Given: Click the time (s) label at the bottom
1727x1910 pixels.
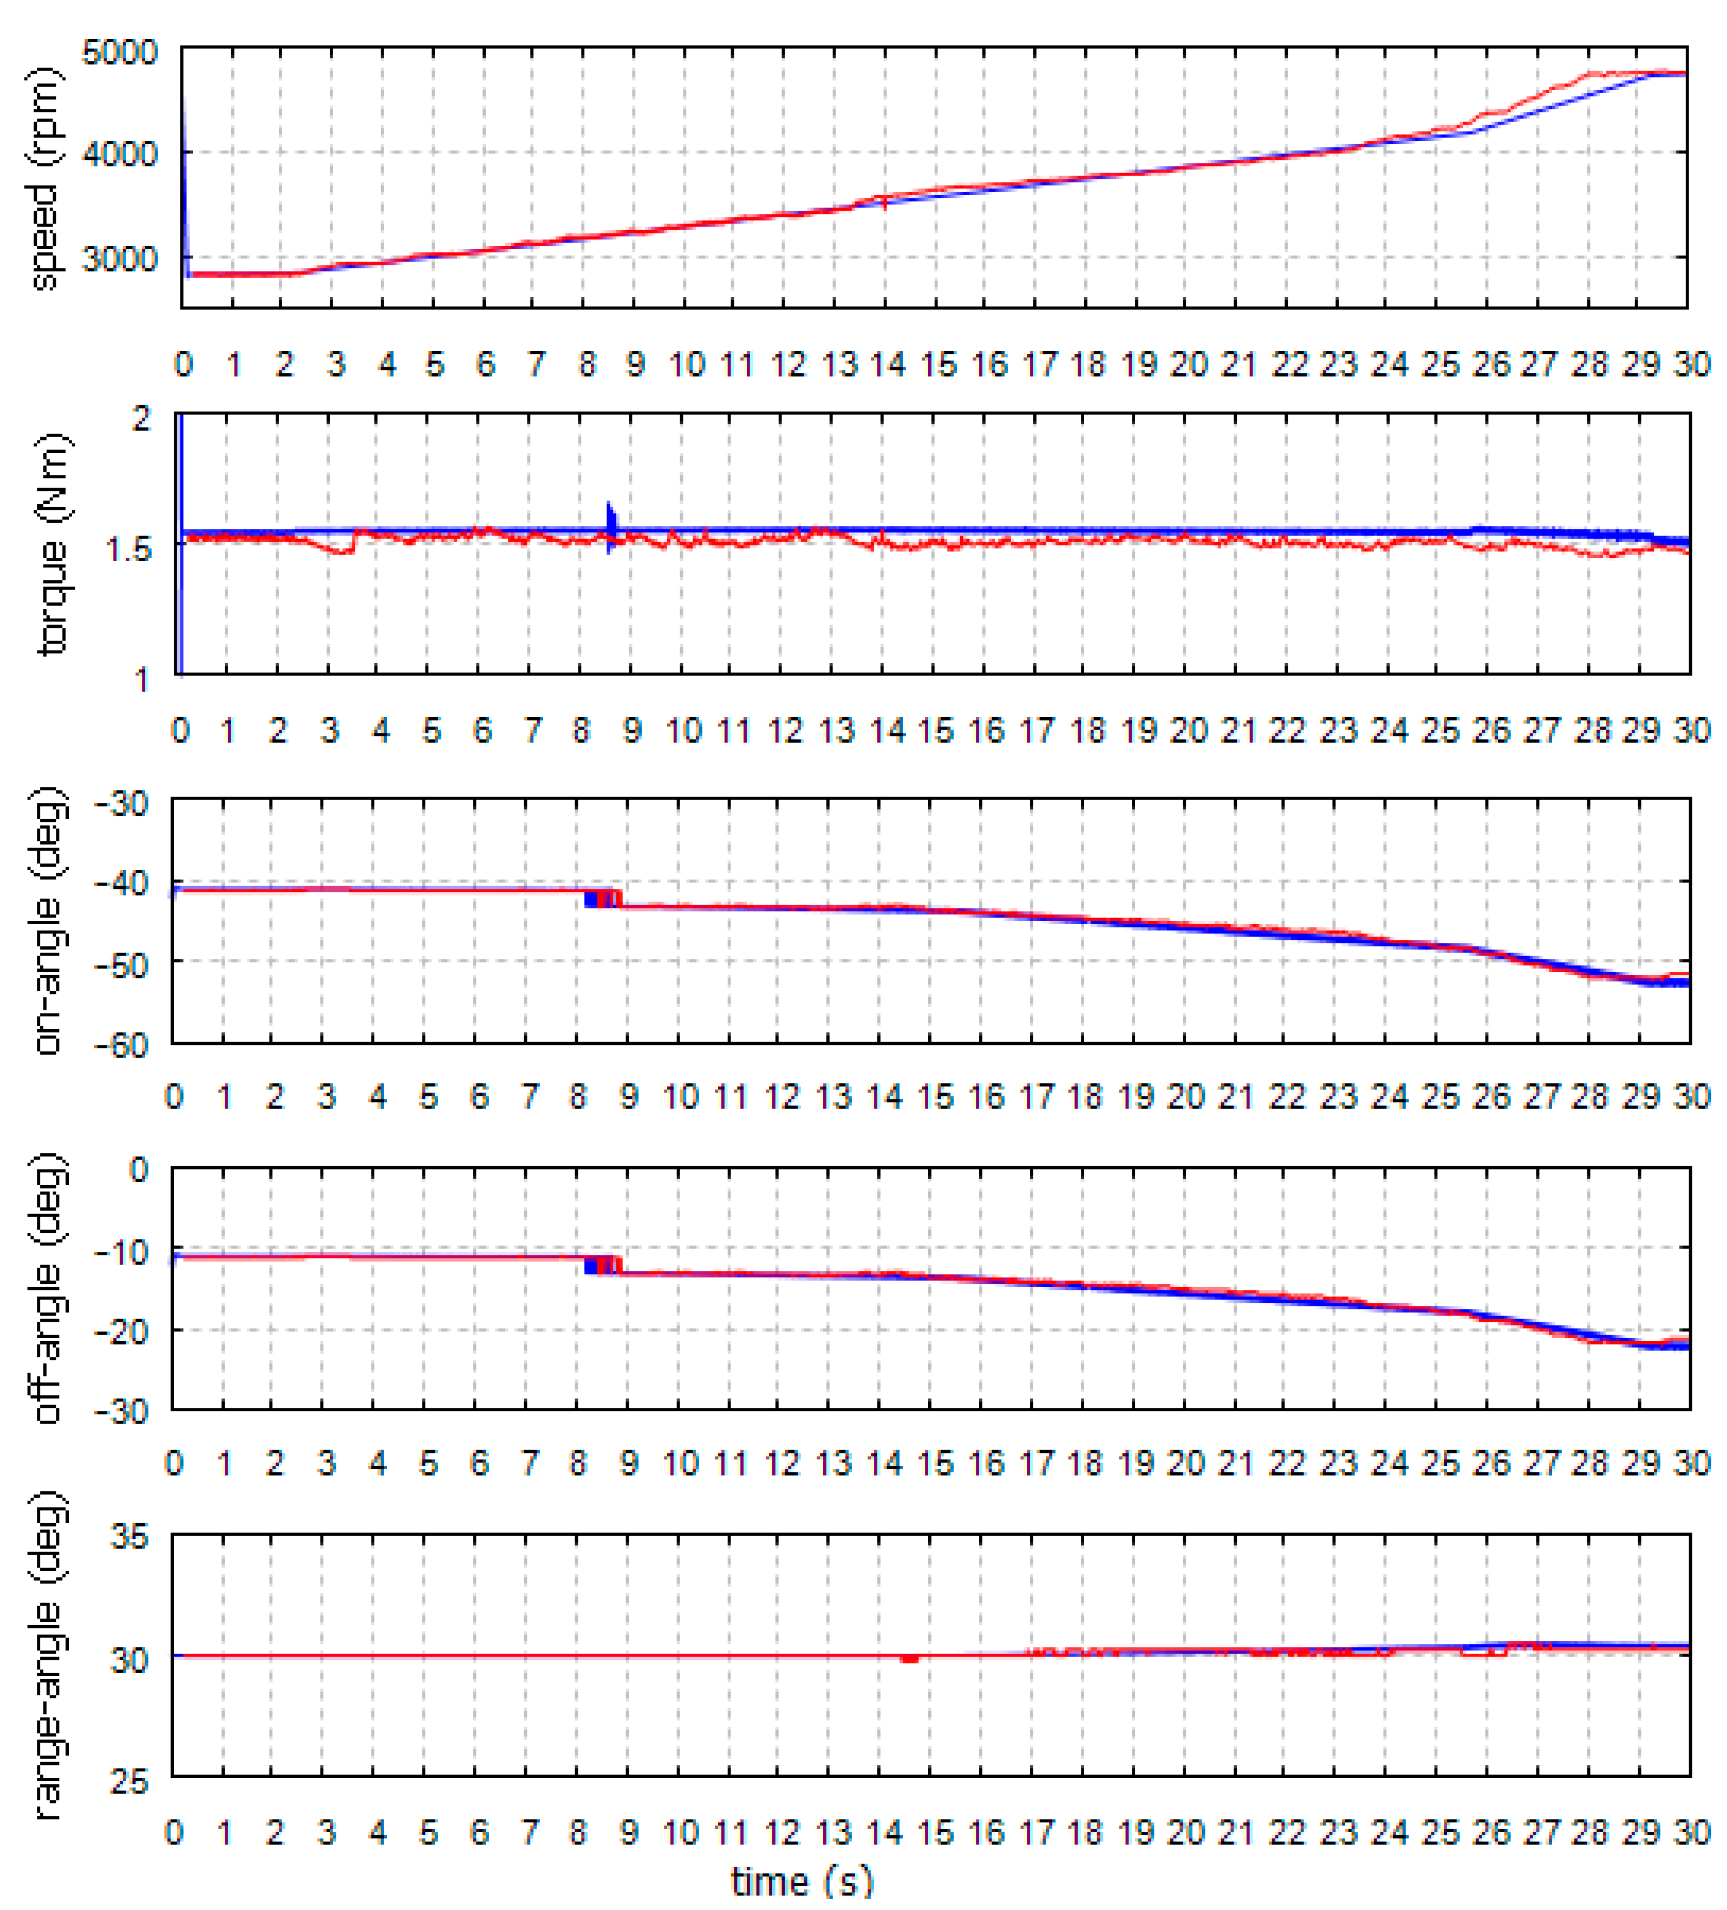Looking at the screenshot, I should coord(801,1882).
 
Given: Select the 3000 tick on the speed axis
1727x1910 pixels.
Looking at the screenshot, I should coord(119,258).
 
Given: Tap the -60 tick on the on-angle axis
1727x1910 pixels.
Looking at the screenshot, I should coord(121,1045).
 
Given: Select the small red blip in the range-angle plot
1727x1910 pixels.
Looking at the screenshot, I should coord(909,1659).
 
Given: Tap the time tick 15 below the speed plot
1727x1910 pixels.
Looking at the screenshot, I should coord(938,364).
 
